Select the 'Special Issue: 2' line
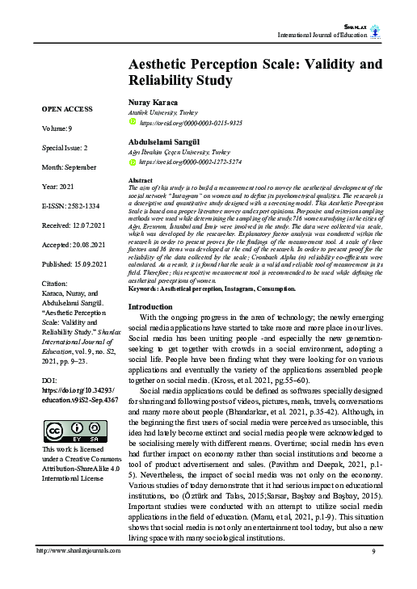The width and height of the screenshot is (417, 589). [x=65, y=149]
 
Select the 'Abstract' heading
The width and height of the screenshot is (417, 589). [x=141, y=179]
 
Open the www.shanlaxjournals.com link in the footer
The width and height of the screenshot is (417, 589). [x=78, y=573]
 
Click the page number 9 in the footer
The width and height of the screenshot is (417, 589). [x=374, y=573]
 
